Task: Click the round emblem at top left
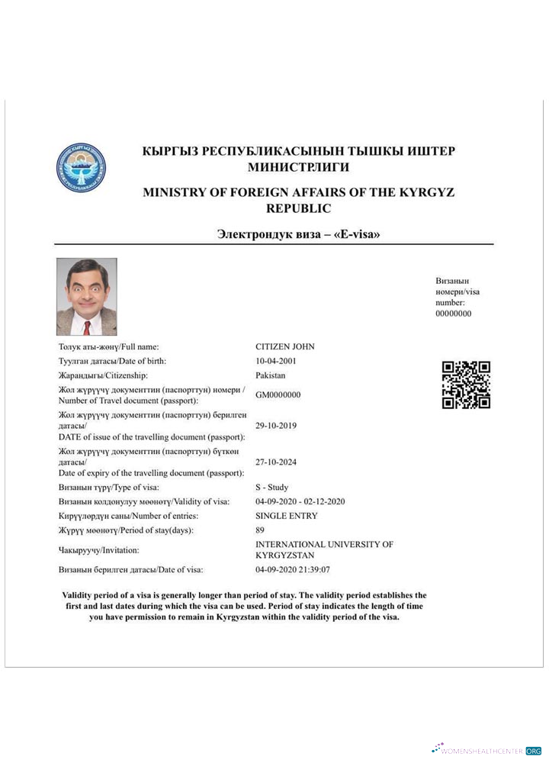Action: coord(81,167)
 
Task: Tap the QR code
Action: coord(466,385)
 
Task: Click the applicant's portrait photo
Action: coord(87,297)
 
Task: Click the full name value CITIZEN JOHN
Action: coord(284,346)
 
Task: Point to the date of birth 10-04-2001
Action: coord(275,361)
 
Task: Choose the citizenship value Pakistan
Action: coord(271,375)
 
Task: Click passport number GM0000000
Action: coord(278,394)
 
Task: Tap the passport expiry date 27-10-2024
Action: coord(275,462)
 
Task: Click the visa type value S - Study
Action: coord(271,487)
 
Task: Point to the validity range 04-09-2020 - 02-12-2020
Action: coord(300,501)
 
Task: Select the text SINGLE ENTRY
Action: coord(286,516)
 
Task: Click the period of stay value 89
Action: coord(260,530)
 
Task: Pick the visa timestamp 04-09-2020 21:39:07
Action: coord(293,569)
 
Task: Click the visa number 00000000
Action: coord(453,313)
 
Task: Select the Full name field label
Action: coord(109,346)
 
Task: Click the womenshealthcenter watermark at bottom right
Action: coord(486,750)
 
